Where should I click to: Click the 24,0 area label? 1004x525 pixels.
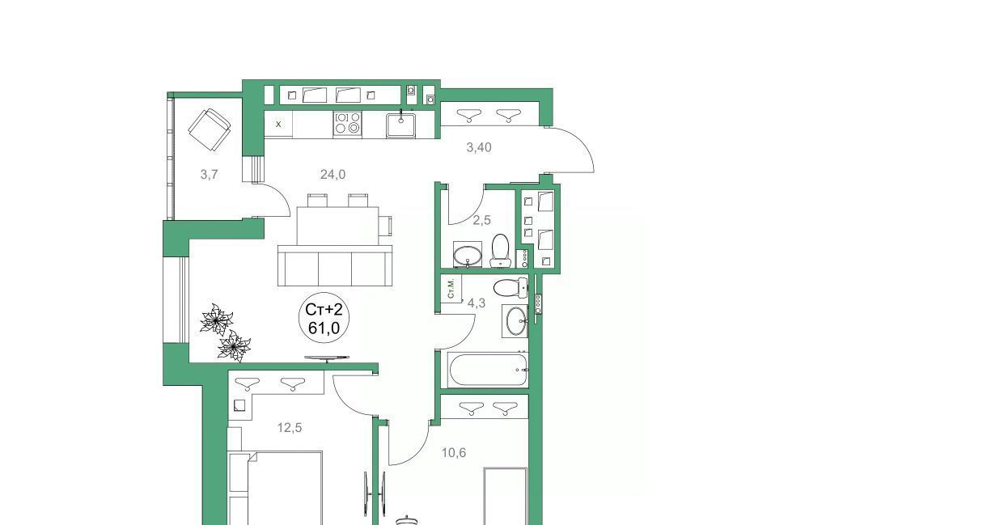[333, 175]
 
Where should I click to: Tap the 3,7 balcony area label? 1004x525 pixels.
[209, 175]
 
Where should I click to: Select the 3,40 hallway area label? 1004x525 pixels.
[479, 147]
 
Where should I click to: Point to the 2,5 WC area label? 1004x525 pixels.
[482, 220]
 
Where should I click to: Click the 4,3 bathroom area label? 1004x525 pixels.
[476, 303]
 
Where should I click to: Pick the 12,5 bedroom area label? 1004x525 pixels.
[289, 428]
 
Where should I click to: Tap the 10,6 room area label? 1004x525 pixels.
[454, 453]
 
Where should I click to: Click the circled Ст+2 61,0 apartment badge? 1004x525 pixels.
[324, 318]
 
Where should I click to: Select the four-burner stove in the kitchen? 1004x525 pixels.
[347, 123]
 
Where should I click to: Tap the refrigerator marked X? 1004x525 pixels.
[278, 125]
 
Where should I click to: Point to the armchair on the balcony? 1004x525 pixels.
[210, 130]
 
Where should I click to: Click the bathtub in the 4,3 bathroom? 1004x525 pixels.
[488, 370]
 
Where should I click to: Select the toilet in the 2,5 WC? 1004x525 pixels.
[500, 251]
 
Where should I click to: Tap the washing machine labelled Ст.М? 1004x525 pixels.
[451, 289]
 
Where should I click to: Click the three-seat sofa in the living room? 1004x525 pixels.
[335, 265]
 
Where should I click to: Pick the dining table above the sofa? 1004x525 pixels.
[337, 226]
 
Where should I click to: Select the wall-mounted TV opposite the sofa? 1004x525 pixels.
[327, 358]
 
